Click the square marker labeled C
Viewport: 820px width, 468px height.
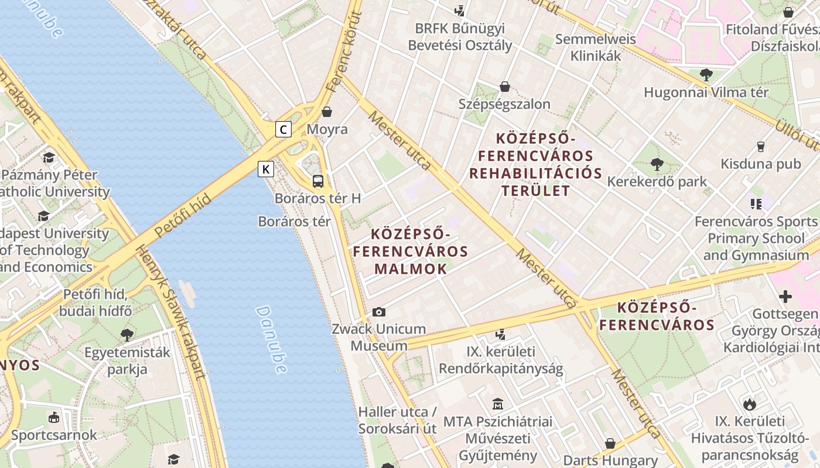283,129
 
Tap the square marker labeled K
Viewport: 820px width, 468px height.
266,170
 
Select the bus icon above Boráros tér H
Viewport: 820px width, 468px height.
318,181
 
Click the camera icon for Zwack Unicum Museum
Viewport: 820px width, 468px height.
379,312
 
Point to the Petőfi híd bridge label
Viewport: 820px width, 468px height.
183,217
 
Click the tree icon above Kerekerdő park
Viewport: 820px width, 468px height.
657,164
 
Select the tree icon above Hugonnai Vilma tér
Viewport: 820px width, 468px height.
706,75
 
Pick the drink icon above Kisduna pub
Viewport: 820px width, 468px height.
761,146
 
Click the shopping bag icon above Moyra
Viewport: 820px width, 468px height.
327,112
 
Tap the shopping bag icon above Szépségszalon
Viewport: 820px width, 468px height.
504,87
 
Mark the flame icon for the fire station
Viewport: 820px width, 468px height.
749,404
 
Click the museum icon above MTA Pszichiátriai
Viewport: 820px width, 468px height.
497,404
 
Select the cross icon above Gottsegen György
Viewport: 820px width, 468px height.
785,297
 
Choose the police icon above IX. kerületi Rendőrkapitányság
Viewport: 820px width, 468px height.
500,335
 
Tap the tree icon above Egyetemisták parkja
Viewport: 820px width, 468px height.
127,335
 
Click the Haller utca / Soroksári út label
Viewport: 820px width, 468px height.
397,419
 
